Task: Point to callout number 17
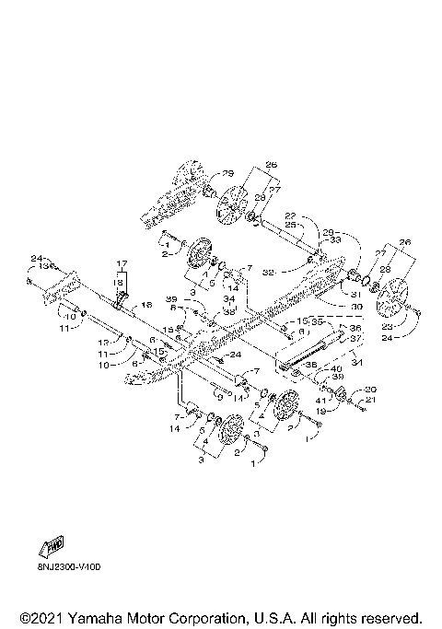120,265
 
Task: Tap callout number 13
41,265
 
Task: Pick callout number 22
290,215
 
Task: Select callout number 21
371,399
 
